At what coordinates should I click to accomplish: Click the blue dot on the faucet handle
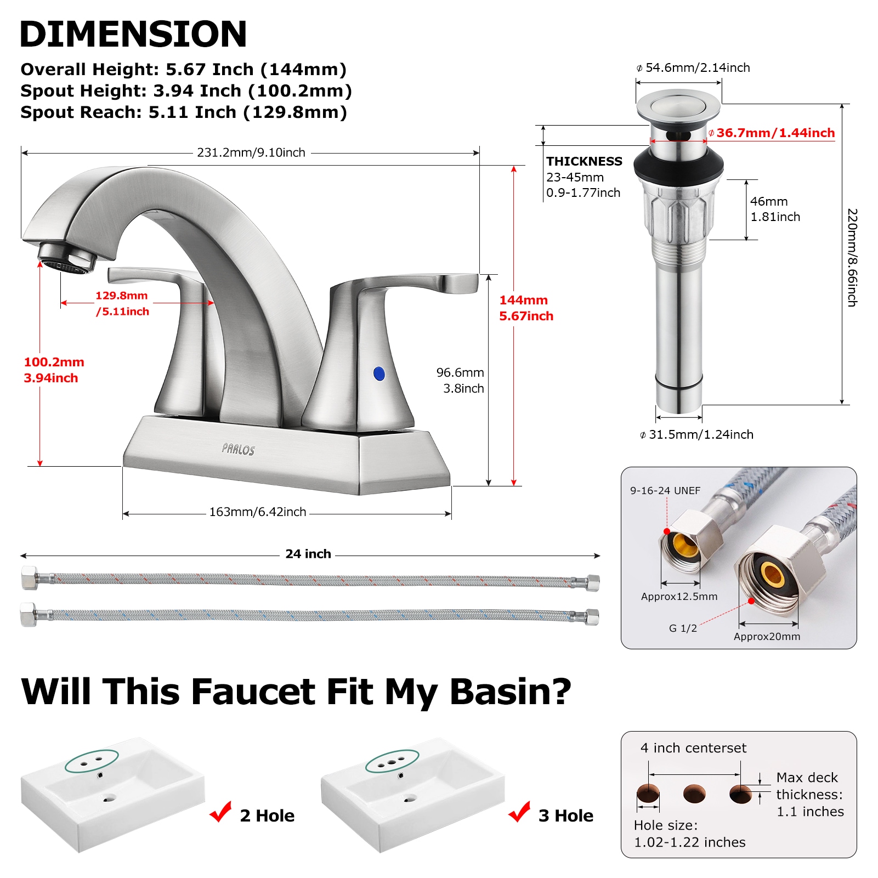tap(378, 373)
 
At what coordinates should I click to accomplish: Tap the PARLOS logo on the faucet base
tap(238, 449)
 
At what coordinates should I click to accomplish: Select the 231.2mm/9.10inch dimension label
tap(251, 152)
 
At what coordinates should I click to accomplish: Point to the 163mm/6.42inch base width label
tap(257, 512)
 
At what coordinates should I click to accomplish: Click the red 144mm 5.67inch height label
tap(525, 308)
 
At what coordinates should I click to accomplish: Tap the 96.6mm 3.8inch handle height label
tap(460, 380)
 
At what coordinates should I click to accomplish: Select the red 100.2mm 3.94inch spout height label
tap(53, 370)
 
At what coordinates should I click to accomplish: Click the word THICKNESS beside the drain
tap(584, 161)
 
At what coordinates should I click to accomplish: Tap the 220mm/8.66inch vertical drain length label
tap(852, 257)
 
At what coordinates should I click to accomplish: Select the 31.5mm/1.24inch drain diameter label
tap(696, 434)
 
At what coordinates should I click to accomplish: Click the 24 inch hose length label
tap(308, 554)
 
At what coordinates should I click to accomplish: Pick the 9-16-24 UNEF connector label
tap(665, 490)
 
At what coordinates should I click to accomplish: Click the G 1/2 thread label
tap(682, 628)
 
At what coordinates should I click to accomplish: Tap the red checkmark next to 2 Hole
tap(221, 812)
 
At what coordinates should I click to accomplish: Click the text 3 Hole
tap(565, 815)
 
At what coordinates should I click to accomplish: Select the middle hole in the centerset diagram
tap(694, 793)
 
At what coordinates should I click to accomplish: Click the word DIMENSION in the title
tap(133, 34)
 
